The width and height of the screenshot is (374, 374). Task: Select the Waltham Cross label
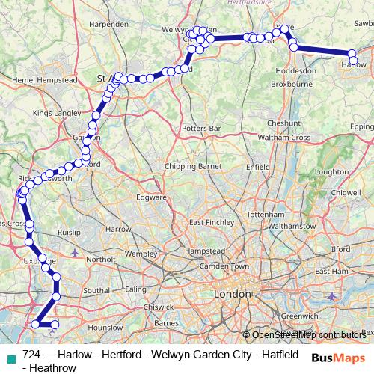(283, 138)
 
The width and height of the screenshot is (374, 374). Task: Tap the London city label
(232, 294)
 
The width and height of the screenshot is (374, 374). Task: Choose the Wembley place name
(141, 254)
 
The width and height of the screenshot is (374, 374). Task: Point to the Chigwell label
(346, 192)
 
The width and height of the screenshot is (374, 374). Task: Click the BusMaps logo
(336, 358)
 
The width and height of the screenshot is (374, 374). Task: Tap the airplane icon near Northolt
(74, 253)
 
